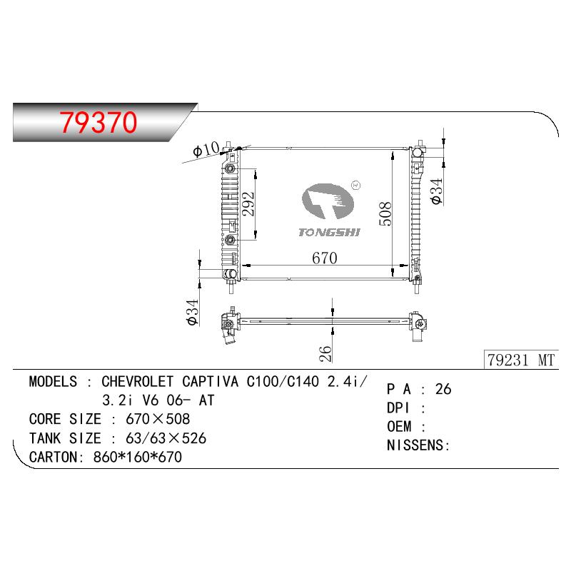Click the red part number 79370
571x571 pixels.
98,122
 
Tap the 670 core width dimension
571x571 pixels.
325,258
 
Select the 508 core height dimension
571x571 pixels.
385,213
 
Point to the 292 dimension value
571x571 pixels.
248,204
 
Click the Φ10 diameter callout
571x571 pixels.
206,148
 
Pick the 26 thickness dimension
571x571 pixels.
325,353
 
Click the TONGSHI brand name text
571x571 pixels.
329,233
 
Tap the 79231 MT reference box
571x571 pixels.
521,360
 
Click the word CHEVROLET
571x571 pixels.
137,381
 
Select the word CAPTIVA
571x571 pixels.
210,381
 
